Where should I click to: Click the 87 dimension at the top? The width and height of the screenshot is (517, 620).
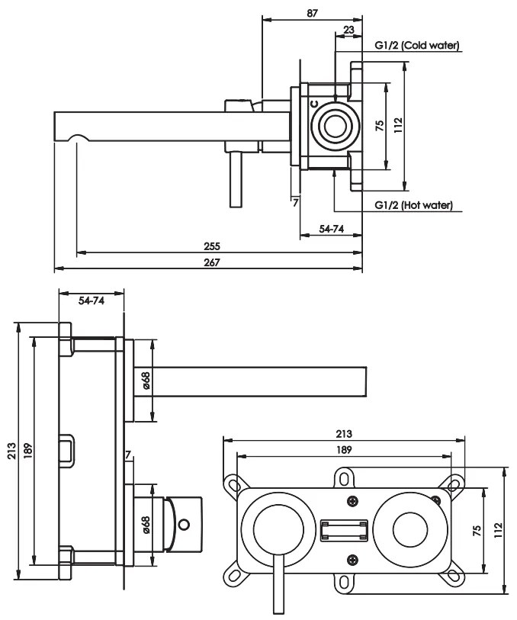pos(312,13)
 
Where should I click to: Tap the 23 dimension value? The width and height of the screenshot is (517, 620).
pos(348,30)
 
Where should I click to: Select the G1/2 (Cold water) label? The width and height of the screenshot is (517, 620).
pos(417,46)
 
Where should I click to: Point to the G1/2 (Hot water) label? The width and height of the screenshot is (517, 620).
pos(414,205)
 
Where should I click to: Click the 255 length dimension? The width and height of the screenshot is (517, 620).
pos(212,246)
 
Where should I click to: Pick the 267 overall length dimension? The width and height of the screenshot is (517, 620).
pos(212,262)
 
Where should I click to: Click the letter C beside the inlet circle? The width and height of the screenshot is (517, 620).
pos(314,104)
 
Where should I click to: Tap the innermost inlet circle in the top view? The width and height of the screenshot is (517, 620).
pos(336,126)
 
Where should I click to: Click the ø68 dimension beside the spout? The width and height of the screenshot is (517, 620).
pos(146,380)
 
